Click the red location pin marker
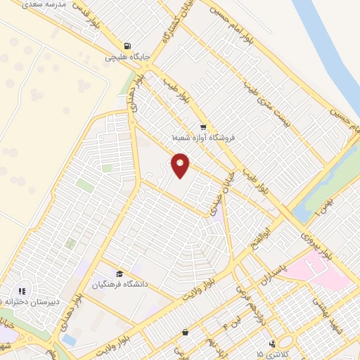pos(181,165)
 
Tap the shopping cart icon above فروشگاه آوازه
pos(202,127)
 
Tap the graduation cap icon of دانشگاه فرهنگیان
pos(119,274)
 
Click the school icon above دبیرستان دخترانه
pos(22,290)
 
